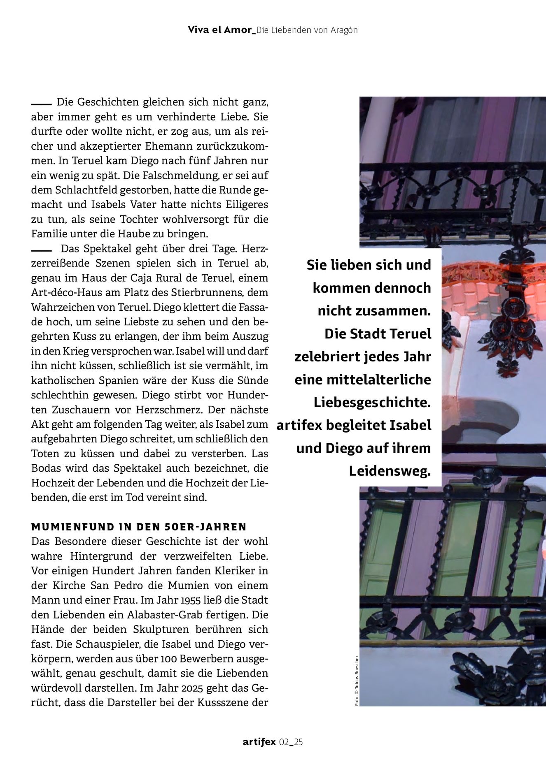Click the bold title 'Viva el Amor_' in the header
click(222, 30)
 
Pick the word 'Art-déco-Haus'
click(63, 292)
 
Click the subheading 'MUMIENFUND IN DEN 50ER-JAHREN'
click(139, 527)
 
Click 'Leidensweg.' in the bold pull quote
click(390, 471)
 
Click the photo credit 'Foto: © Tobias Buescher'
click(357, 681)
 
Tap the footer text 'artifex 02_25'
click(273, 742)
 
